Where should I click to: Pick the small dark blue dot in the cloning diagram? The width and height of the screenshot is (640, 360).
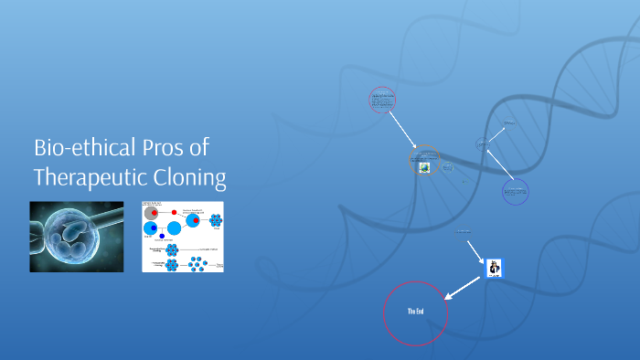tap(162, 237)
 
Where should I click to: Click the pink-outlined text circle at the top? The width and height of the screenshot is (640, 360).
tap(382, 99)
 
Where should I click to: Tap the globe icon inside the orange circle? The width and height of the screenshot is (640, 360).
tap(424, 167)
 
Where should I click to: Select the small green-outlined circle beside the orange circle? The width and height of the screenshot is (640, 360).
tap(448, 166)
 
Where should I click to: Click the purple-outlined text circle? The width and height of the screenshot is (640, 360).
tap(515, 191)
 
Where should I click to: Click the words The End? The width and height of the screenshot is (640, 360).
tap(415, 312)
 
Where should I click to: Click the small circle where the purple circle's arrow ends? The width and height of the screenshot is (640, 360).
tap(482, 143)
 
